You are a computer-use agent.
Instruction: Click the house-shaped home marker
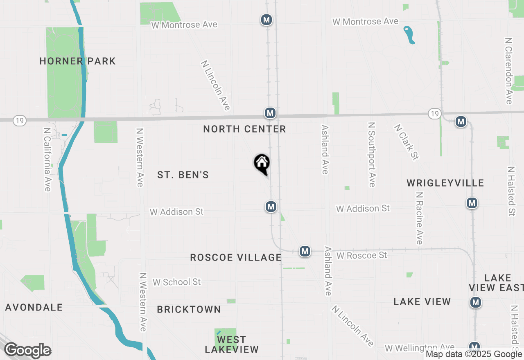tap(262, 163)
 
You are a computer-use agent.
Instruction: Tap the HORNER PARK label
tap(77, 61)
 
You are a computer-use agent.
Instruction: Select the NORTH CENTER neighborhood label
tap(244, 129)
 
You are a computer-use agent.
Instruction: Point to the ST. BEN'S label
tap(183, 175)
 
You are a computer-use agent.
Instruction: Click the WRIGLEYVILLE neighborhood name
tap(445, 183)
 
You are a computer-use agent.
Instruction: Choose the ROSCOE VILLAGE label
tap(236, 257)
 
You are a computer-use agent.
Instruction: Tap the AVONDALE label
tap(34, 307)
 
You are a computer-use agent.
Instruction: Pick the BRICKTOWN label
tap(189, 310)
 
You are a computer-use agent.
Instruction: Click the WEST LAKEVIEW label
tap(232, 344)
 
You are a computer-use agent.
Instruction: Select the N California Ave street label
tap(47, 159)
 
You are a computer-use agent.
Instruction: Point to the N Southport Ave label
tap(372, 154)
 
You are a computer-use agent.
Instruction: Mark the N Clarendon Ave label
tap(509, 71)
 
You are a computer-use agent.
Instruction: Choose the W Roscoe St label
tap(361, 256)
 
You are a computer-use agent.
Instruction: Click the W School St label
tap(177, 282)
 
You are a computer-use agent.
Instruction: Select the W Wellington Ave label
tap(420, 348)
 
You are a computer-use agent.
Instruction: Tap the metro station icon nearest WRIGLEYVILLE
tap(472, 202)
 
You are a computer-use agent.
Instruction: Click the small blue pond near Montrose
tap(409, 35)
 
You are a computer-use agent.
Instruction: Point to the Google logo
tap(27, 351)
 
